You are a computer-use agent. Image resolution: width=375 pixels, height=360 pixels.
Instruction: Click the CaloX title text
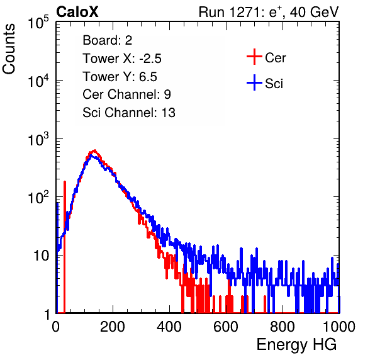click(x=77, y=12)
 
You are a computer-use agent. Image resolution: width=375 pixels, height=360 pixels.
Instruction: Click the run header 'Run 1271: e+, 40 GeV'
click(x=269, y=12)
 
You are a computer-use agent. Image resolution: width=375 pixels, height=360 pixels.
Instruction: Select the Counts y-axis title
click(x=9, y=49)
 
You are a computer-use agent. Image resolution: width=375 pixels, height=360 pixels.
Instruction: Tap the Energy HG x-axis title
click(x=296, y=344)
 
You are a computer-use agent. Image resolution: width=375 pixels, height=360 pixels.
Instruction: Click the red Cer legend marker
click(x=254, y=57)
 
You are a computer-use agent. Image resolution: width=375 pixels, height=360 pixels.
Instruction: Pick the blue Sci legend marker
click(x=254, y=83)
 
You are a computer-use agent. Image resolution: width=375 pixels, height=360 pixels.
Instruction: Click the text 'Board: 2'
click(x=108, y=40)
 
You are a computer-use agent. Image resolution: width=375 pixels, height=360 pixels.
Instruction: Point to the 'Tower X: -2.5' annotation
click(x=122, y=59)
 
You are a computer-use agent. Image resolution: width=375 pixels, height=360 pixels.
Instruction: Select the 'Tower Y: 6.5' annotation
click(x=120, y=77)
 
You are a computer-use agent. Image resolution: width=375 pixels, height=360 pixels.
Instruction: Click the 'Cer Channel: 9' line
click(x=126, y=94)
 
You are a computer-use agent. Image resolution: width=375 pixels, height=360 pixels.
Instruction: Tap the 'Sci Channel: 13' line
click(x=129, y=113)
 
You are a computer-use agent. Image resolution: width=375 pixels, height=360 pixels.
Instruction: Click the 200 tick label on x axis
click(x=113, y=327)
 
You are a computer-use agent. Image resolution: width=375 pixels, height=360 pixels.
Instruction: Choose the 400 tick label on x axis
click(x=169, y=327)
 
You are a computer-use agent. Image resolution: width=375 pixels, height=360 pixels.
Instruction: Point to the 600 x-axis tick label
click(x=226, y=327)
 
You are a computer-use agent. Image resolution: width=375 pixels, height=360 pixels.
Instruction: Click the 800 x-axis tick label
click(x=283, y=327)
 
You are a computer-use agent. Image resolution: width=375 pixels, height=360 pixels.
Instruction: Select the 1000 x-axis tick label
click(x=339, y=327)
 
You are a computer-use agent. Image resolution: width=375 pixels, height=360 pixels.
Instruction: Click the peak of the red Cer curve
click(x=94, y=150)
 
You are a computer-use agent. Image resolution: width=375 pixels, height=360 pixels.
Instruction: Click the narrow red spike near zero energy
click(x=65, y=246)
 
